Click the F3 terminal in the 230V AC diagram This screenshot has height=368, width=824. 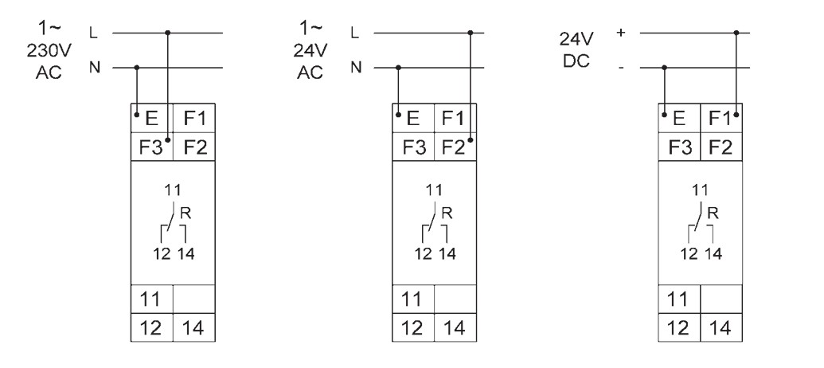[x=152, y=147]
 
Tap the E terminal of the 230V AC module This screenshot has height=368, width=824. [x=152, y=118]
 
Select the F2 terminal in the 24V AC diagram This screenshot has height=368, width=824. [x=455, y=147]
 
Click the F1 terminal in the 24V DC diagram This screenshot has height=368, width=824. [x=721, y=118]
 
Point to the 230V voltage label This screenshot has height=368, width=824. [x=49, y=51]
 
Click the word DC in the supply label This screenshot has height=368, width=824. [x=576, y=61]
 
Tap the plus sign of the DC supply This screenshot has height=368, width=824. [x=621, y=33]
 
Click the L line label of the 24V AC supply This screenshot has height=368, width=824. [x=355, y=33]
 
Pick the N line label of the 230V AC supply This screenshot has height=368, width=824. [x=95, y=67]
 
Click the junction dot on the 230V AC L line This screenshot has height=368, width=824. [x=168, y=33]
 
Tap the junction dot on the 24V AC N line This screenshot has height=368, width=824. [x=398, y=67]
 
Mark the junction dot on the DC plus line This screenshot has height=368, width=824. [x=736, y=33]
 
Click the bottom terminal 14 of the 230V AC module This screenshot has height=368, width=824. [x=194, y=327]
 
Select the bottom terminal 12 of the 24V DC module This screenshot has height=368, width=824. [x=679, y=327]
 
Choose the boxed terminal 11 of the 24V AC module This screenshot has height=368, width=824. [x=413, y=299]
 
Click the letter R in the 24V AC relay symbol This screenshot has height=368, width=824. [x=447, y=213]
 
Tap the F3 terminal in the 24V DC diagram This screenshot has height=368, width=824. [x=679, y=147]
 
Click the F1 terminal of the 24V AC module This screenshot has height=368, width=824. [x=455, y=118]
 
